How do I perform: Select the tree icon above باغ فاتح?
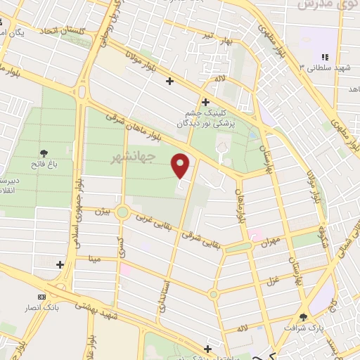click(x=44, y=153)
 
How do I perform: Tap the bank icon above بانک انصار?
click(x=41, y=296)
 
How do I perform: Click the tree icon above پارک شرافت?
click(x=303, y=317)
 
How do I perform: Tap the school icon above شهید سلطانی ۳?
click(x=324, y=57)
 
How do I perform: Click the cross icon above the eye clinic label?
click(x=205, y=103)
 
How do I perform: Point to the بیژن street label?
click(x=103, y=211)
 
